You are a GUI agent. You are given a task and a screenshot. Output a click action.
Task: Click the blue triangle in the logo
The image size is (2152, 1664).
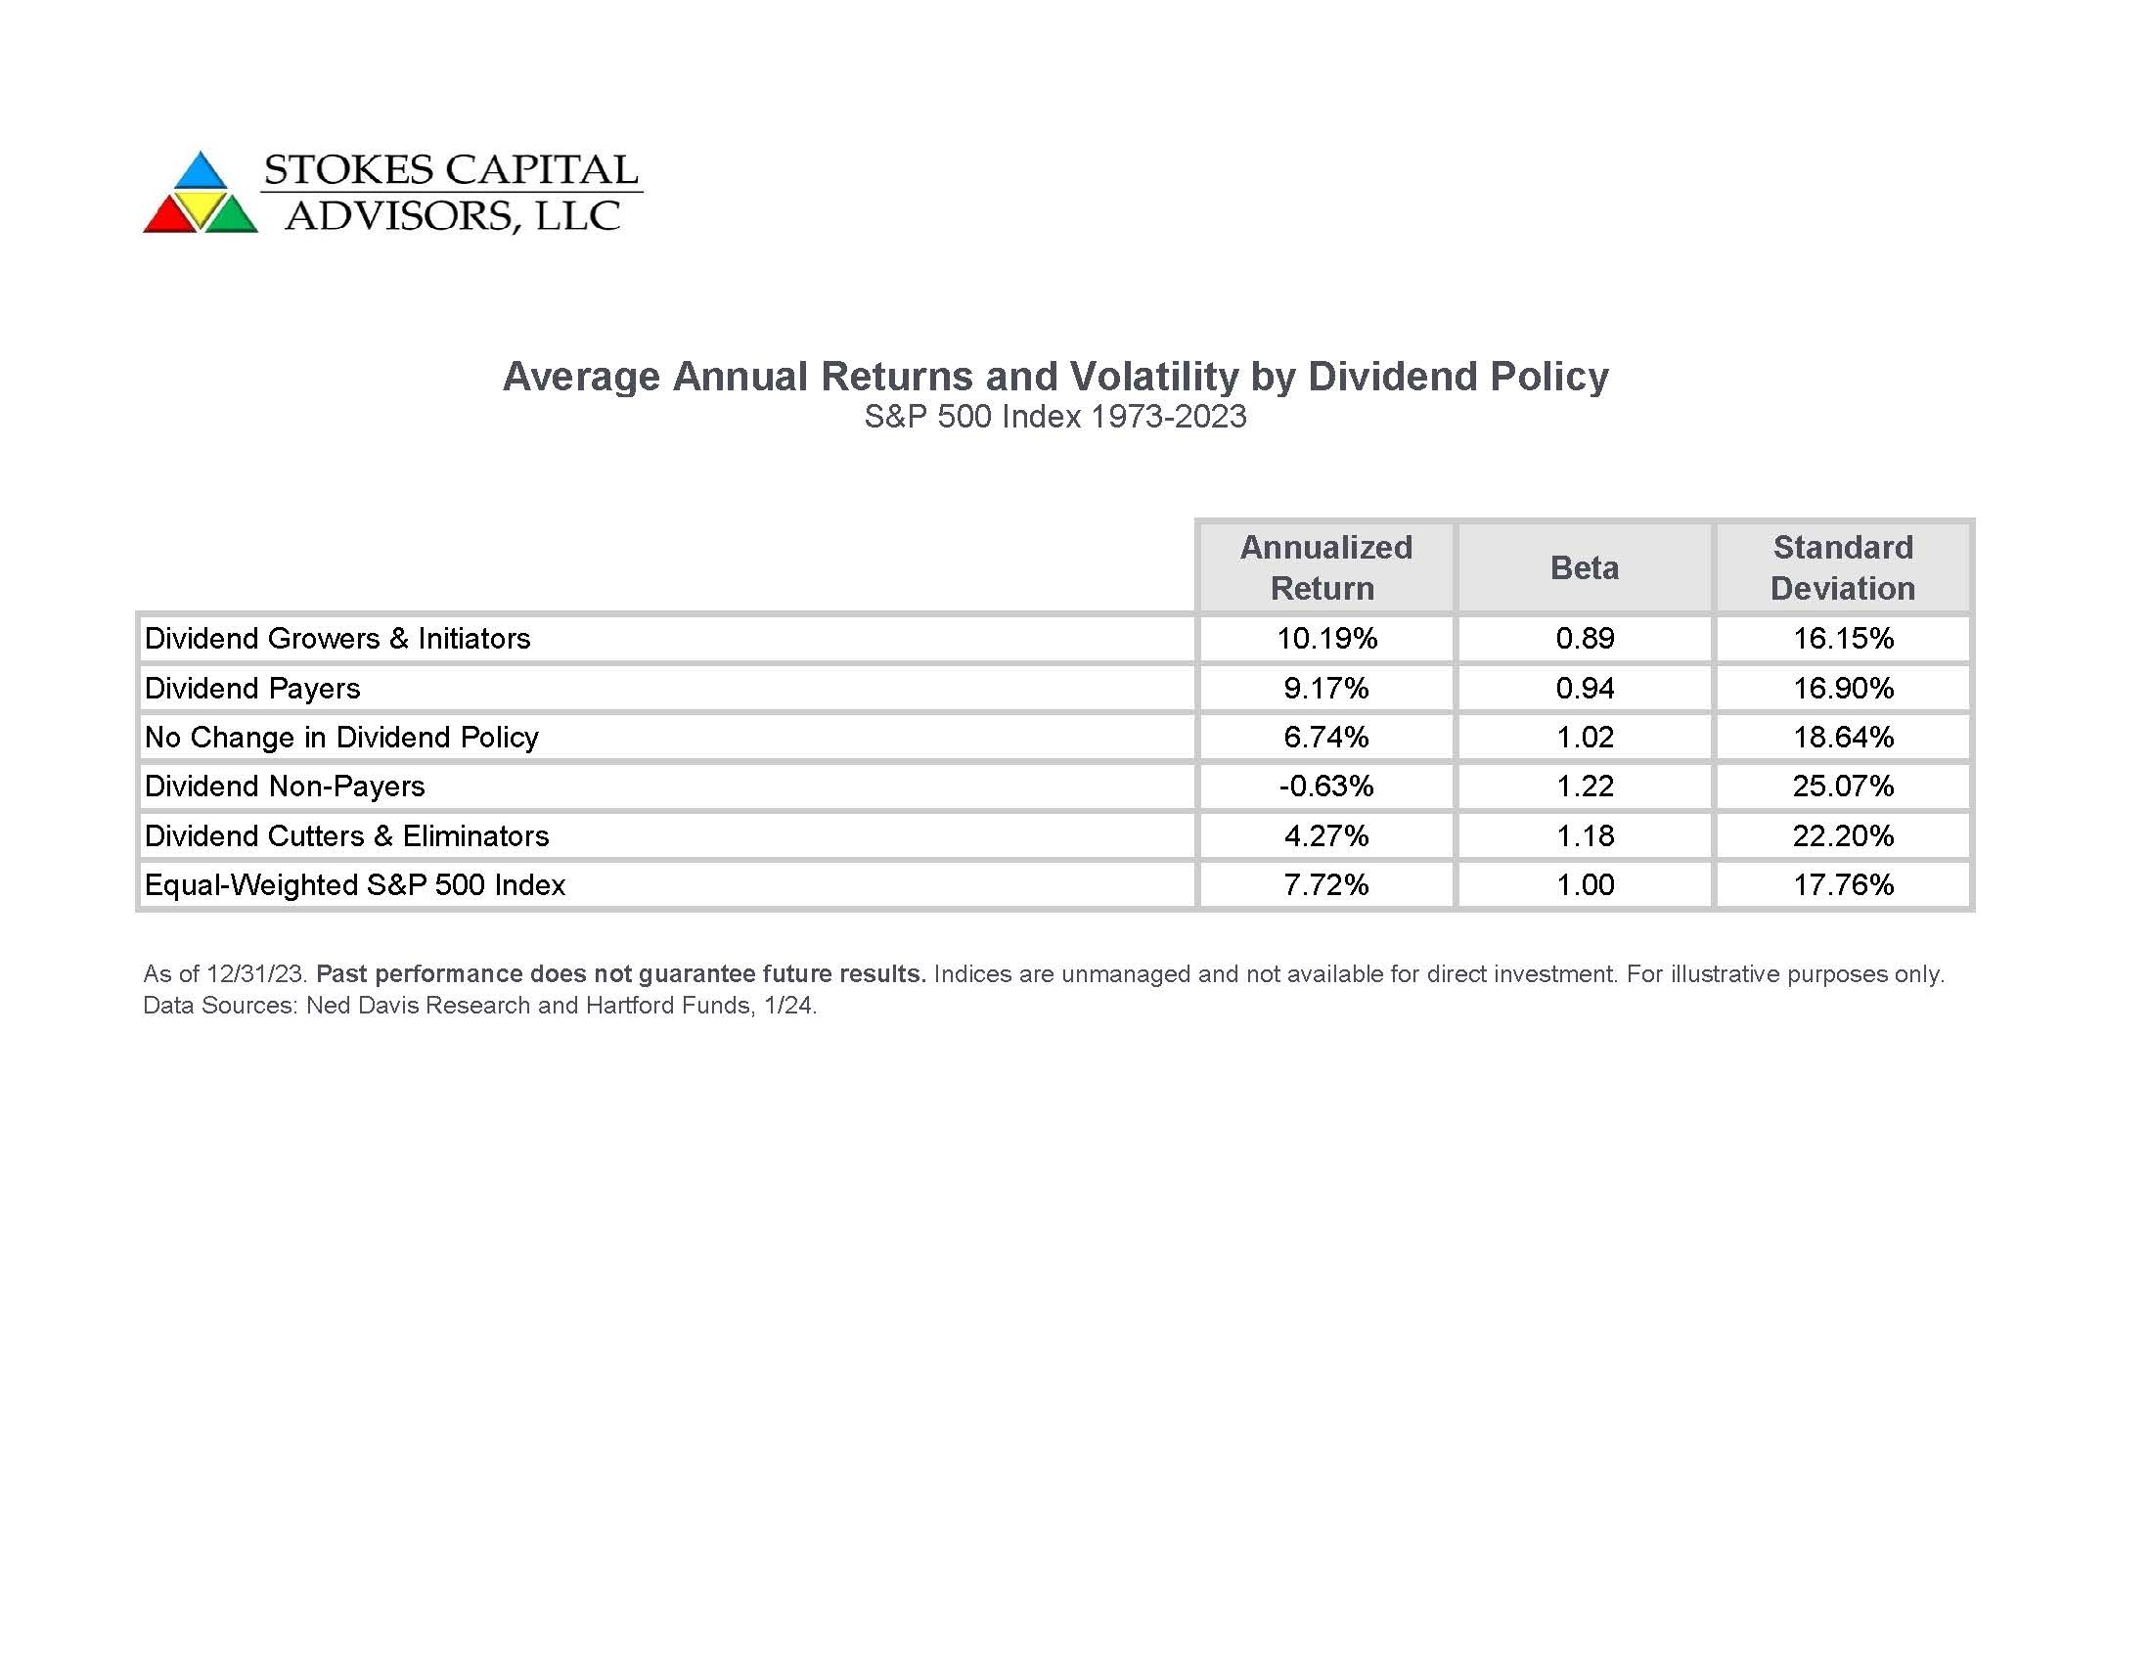pyautogui.click(x=201, y=171)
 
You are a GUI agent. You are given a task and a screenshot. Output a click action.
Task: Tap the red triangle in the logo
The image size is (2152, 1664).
pyautogui.click(x=169, y=216)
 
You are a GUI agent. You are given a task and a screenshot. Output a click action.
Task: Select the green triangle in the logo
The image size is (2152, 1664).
pyautogui.click(x=232, y=216)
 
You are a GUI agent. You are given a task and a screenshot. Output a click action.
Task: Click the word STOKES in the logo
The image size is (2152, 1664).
pyautogui.click(x=349, y=169)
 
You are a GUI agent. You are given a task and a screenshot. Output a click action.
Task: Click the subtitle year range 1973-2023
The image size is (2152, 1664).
pyautogui.click(x=1169, y=417)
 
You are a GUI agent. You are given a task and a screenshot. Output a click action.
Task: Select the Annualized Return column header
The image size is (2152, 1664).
pyautogui.click(x=1325, y=567)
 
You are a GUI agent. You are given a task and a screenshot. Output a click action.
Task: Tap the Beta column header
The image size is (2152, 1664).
pyautogui.click(x=1585, y=567)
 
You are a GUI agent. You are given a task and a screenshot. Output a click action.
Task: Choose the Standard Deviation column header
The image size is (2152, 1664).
pyautogui.click(x=1843, y=567)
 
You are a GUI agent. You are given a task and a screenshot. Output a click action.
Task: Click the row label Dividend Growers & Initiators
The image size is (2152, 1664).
pyautogui.click(x=337, y=639)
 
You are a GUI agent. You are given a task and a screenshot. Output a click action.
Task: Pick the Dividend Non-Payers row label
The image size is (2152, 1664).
pyautogui.click(x=285, y=787)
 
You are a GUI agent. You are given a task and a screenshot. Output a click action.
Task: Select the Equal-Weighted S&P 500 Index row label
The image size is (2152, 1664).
pyautogui.click(x=355, y=884)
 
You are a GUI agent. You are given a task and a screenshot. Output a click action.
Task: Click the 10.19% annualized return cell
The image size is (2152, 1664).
pyautogui.click(x=1326, y=639)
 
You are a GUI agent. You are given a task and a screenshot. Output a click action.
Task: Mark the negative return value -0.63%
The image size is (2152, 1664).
pyautogui.click(x=1326, y=787)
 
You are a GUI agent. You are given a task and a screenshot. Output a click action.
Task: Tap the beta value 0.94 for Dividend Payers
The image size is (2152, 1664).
pyautogui.click(x=1585, y=688)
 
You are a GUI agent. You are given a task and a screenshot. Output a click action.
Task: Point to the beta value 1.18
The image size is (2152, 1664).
pyautogui.click(x=1585, y=835)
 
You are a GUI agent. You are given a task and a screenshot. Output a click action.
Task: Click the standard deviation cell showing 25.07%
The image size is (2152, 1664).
pyautogui.click(x=1843, y=787)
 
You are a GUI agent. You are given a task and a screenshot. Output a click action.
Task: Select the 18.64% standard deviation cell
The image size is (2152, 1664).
pyautogui.click(x=1843, y=737)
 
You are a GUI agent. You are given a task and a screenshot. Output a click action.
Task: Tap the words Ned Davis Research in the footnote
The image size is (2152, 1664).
pyautogui.click(x=419, y=1005)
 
